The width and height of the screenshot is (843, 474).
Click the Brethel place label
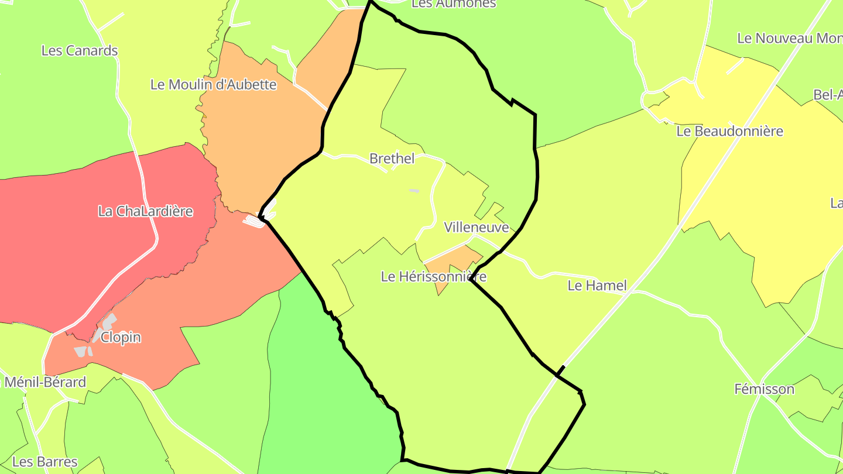pos(392,159)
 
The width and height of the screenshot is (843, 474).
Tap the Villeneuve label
pos(476,227)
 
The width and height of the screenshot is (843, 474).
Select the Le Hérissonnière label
pos(433,276)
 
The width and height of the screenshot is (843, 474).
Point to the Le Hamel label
pos(597,286)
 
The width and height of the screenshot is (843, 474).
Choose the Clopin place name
pos(121,338)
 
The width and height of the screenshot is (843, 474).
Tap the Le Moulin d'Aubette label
pos(213,84)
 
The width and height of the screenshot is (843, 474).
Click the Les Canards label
pos(80,50)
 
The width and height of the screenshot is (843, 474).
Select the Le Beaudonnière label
pos(729,131)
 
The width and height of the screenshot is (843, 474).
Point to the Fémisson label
pos(764,389)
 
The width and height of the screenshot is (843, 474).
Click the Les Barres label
pos(44,462)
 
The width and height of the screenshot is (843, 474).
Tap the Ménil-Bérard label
pos(44,383)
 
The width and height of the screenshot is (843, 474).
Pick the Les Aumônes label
pos(454,4)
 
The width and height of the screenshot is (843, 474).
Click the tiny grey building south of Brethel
pos(414,191)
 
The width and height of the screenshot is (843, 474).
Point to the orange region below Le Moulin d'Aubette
pos(258,135)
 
